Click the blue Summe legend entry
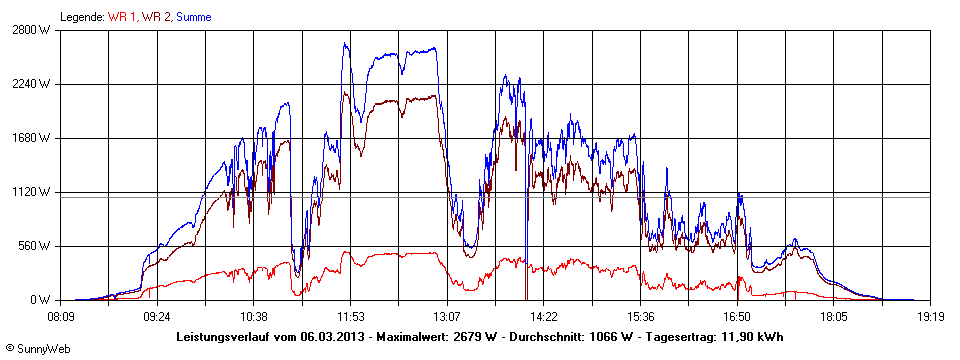194,16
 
